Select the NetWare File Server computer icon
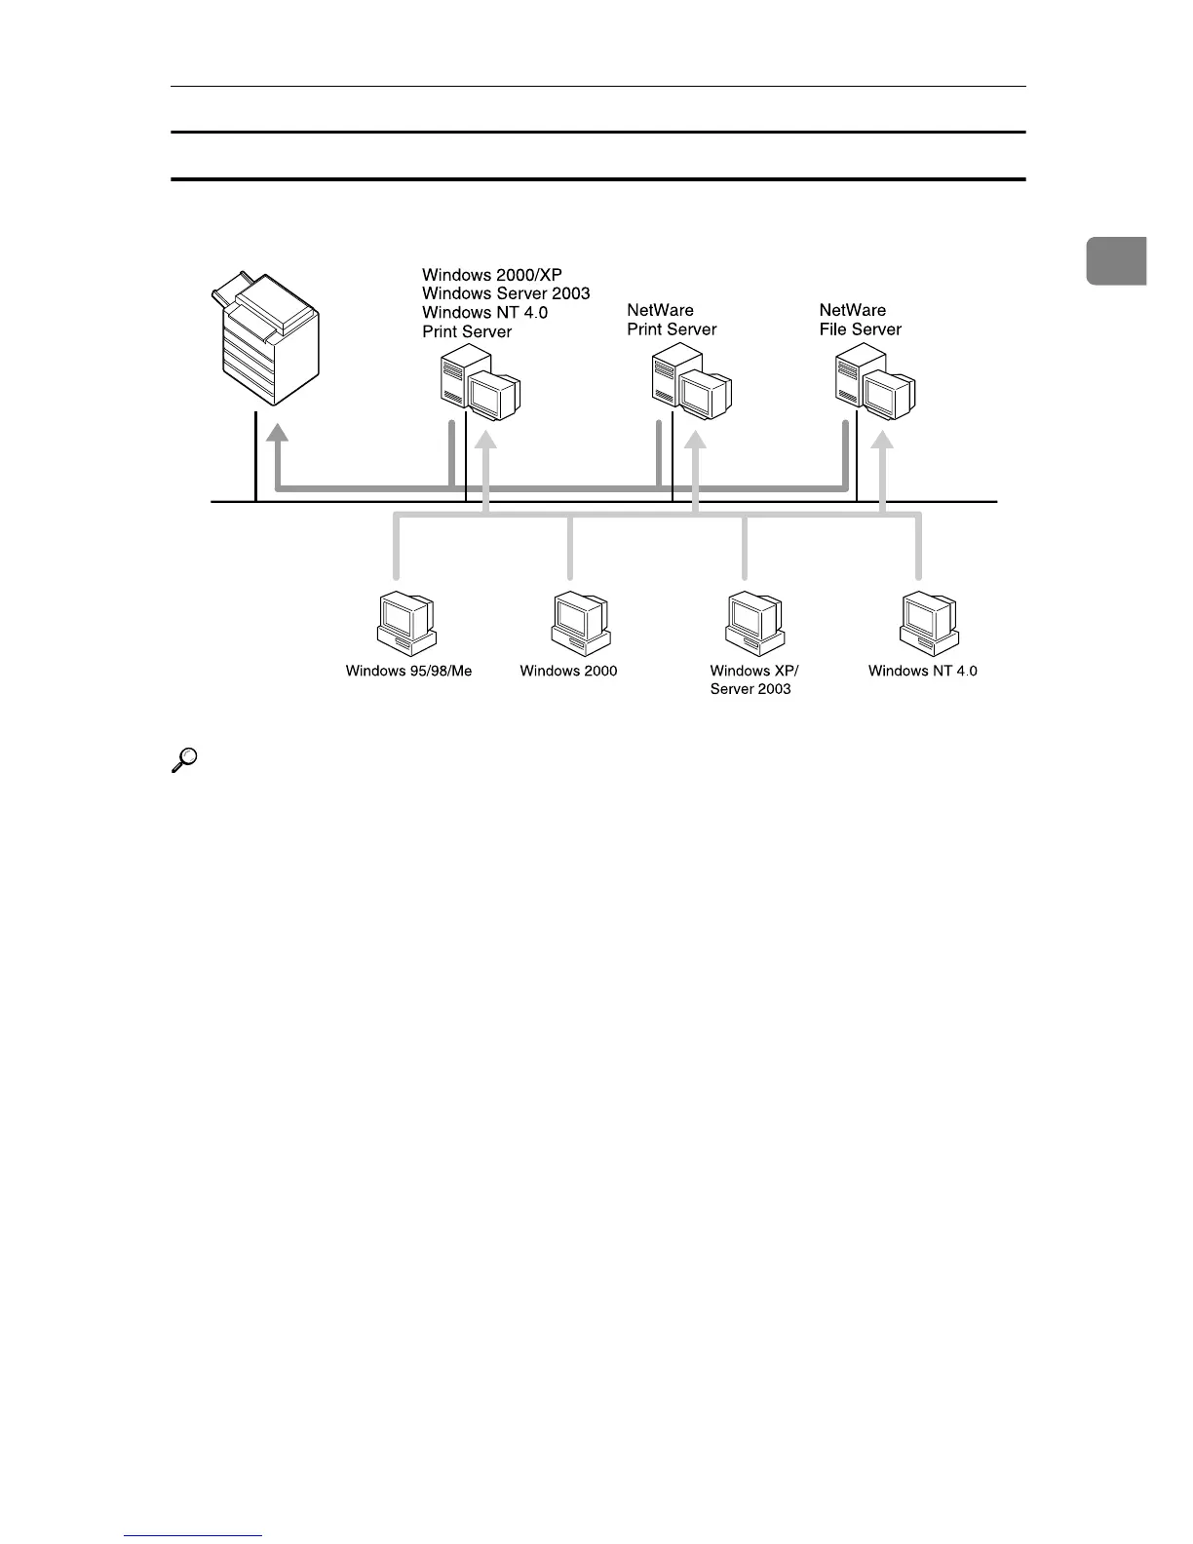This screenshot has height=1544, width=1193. pos(875,387)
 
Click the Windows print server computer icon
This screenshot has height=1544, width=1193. pos(480,389)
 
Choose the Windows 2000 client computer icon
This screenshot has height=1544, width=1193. pos(581,624)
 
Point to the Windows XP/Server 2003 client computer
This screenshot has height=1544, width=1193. pos(755,623)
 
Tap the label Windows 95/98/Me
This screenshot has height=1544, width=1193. pos(408,671)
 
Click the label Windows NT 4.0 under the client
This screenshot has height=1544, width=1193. pos(922,671)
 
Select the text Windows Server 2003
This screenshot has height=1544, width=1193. pos(506,293)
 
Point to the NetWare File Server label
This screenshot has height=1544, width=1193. pos(860,320)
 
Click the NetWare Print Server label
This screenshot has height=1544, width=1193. pos(672,320)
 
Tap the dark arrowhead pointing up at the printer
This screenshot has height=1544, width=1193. pos(278,432)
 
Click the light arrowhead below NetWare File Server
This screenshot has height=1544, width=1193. pos(881,441)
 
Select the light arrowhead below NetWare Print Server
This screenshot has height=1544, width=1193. pos(695,441)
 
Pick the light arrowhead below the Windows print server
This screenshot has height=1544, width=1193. pos(485,441)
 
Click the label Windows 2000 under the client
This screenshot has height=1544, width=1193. pos(568,671)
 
